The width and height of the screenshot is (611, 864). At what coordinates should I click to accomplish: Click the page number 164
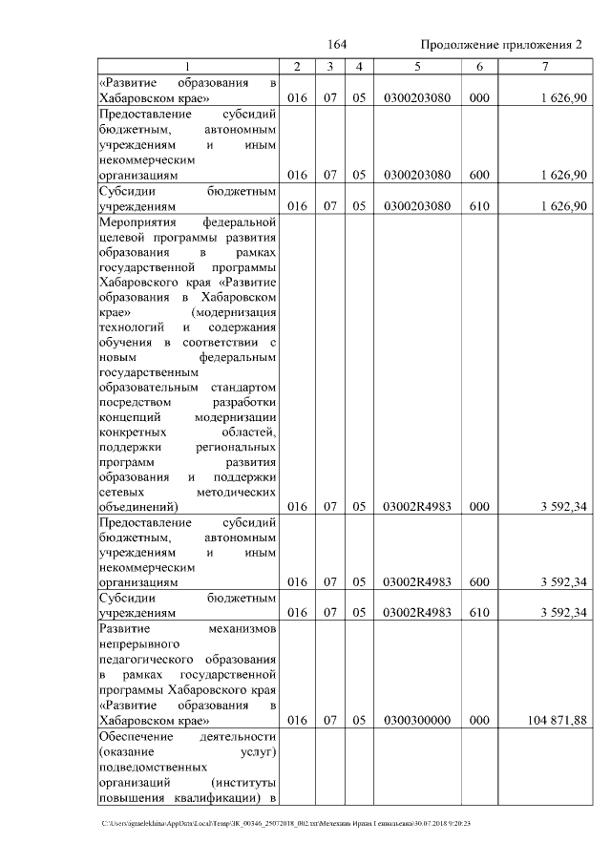[x=336, y=45]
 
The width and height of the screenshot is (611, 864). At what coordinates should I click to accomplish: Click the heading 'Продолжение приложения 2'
[x=500, y=45]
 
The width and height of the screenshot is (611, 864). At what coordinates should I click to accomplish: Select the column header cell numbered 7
[x=544, y=66]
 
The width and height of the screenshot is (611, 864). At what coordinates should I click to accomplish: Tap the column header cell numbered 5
[x=417, y=66]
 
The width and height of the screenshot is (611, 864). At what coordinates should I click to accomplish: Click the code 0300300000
[x=417, y=720]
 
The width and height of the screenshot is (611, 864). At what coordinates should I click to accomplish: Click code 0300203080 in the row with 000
[x=417, y=98]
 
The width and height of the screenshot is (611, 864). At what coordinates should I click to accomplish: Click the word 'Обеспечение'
[x=136, y=737]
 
